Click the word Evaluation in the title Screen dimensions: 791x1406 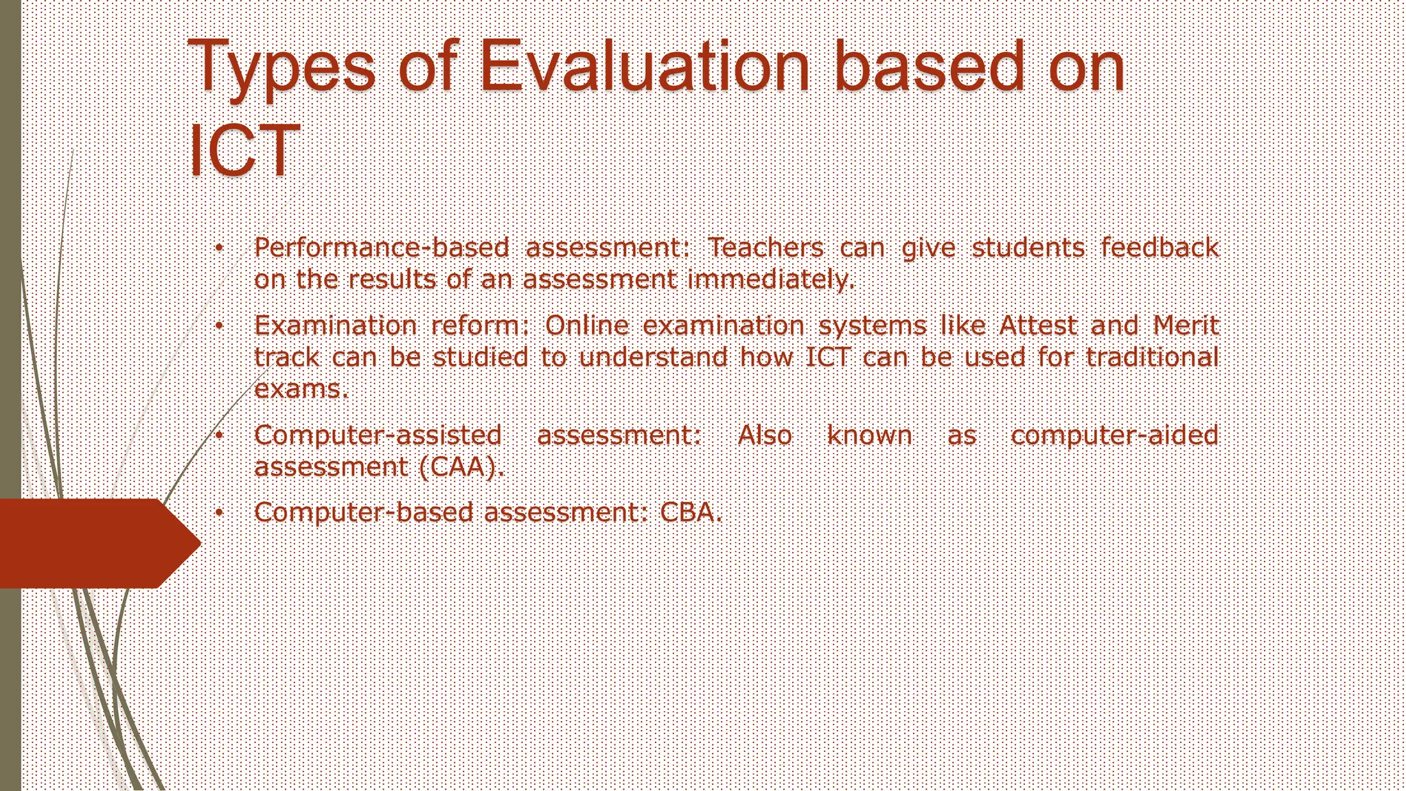coord(644,67)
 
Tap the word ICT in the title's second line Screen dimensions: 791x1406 coord(244,150)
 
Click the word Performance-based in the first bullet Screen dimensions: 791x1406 coord(382,248)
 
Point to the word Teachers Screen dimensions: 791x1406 coord(765,248)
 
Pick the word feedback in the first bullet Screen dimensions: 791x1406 coord(1160,248)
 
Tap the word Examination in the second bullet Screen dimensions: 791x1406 coord(336,325)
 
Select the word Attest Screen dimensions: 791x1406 coord(1038,325)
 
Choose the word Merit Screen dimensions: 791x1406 coord(1186,325)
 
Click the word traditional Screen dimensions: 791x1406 coord(1152,357)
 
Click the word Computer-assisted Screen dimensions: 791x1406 coord(378,435)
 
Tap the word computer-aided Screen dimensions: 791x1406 coord(1114,435)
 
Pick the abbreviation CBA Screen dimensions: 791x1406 coord(691,512)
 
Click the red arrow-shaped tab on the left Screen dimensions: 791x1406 coord(96,543)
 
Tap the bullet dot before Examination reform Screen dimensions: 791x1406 coord(218,326)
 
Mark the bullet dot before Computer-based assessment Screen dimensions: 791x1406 coord(218,513)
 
